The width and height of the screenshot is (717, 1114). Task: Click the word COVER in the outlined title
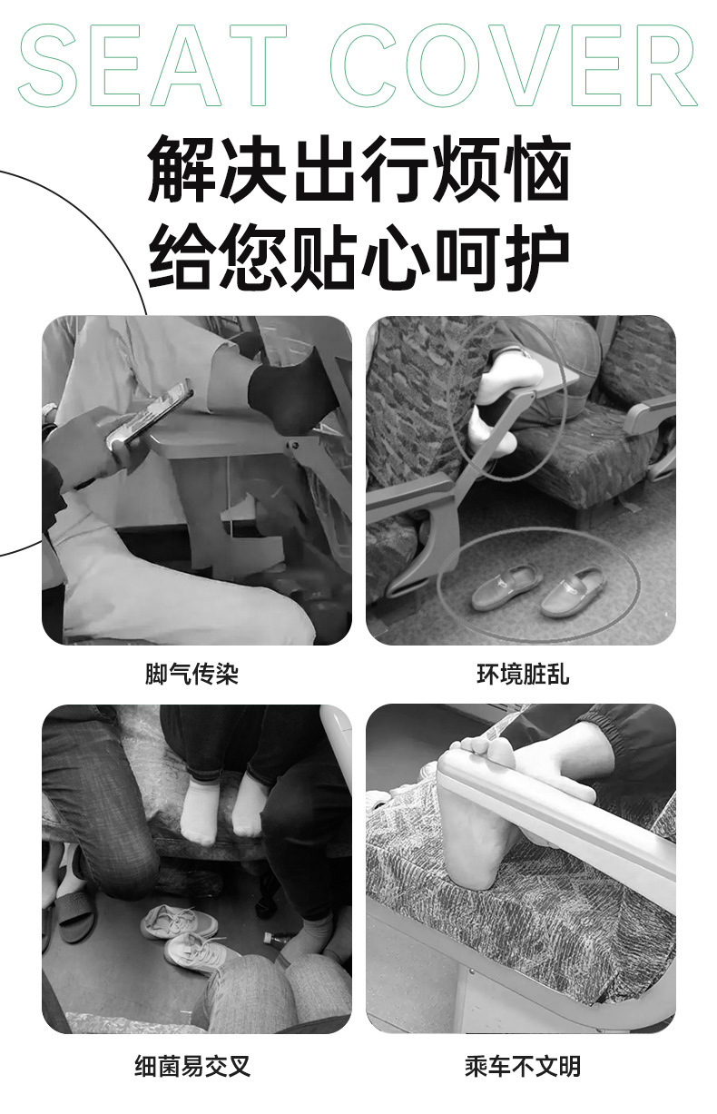pos(514,65)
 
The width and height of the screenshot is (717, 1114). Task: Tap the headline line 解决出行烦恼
pos(358,169)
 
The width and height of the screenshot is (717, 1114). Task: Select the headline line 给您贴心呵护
pos(358,257)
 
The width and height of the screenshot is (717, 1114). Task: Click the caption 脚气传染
pos(192,675)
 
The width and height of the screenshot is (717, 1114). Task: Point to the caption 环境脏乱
pos(523,675)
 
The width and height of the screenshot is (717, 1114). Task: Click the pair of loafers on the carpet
pos(537,590)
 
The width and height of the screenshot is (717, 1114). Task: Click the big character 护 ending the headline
pos(537,257)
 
